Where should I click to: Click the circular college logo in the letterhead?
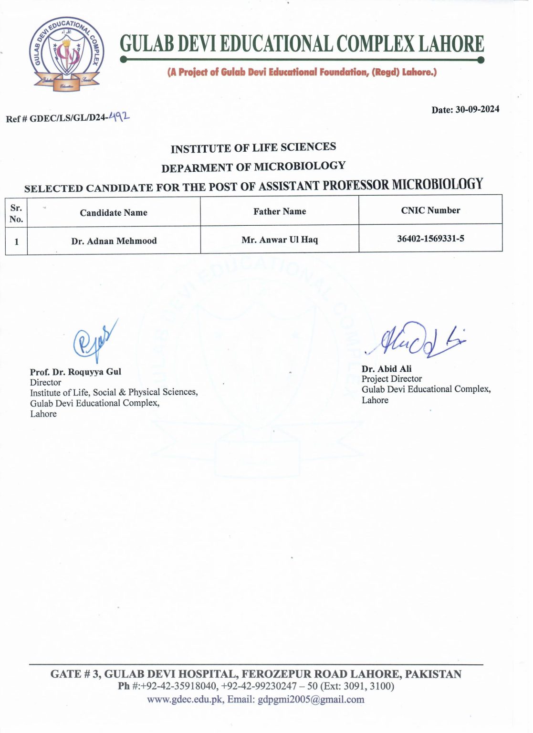[66, 54]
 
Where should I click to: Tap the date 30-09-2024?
[477, 109]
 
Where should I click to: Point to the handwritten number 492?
[119, 116]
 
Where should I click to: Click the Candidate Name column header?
[114, 213]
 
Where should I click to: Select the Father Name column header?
[280, 211]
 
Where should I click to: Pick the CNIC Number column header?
[430, 210]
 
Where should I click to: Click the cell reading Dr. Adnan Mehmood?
[114, 241]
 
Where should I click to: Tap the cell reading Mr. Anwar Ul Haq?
[280, 240]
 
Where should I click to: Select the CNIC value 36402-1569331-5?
[430, 238]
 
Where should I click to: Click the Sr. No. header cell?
[16, 213]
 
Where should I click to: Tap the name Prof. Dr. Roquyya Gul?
[75, 372]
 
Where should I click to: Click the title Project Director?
[392, 379]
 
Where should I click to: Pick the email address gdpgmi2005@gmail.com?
[311, 700]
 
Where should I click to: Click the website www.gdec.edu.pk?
[185, 700]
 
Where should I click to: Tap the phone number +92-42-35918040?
[179, 686]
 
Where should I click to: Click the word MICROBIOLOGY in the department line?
[300, 166]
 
